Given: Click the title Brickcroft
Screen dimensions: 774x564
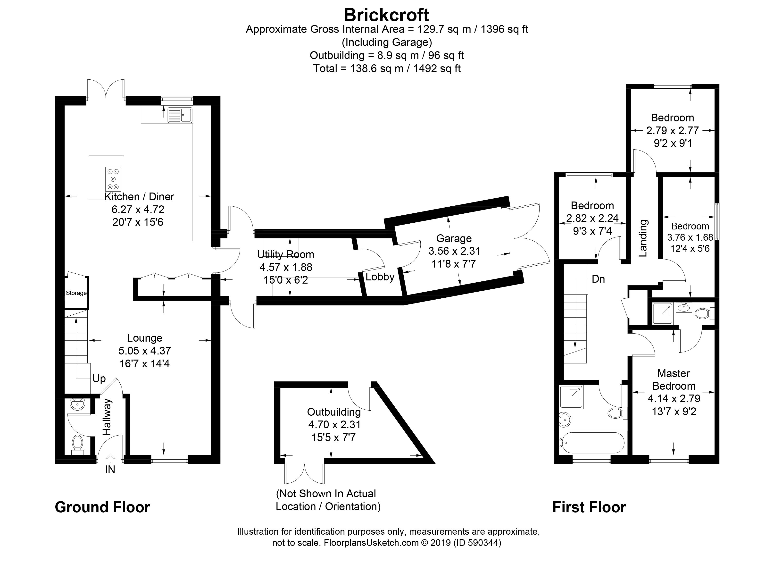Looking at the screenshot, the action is pyautogui.click(x=386, y=15).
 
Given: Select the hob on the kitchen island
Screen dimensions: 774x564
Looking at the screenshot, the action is pyautogui.click(x=113, y=179).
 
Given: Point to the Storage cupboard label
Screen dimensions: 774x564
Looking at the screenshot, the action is pyautogui.click(x=76, y=293).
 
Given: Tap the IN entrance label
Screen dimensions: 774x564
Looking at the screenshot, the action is pyautogui.click(x=110, y=470).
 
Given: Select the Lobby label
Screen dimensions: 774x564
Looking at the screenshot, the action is pyautogui.click(x=380, y=277).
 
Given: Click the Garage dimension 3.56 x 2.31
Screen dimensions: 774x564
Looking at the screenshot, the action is pyautogui.click(x=454, y=251).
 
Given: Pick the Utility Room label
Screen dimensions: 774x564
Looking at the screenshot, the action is pyautogui.click(x=286, y=254).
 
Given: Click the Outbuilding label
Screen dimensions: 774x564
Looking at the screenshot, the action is pyautogui.click(x=334, y=412).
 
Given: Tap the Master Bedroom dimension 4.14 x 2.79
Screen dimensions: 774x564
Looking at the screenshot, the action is pyautogui.click(x=674, y=399).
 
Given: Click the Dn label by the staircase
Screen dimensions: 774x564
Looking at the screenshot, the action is pyautogui.click(x=598, y=279).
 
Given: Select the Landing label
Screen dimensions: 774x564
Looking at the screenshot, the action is pyautogui.click(x=643, y=238).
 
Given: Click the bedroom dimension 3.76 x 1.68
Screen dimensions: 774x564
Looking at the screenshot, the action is pyautogui.click(x=690, y=237).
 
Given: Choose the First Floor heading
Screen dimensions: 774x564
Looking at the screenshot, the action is pyautogui.click(x=589, y=507).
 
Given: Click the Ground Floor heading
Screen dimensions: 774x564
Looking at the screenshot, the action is pyautogui.click(x=102, y=507).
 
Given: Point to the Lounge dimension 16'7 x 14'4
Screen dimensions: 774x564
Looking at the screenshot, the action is pyautogui.click(x=144, y=364).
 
